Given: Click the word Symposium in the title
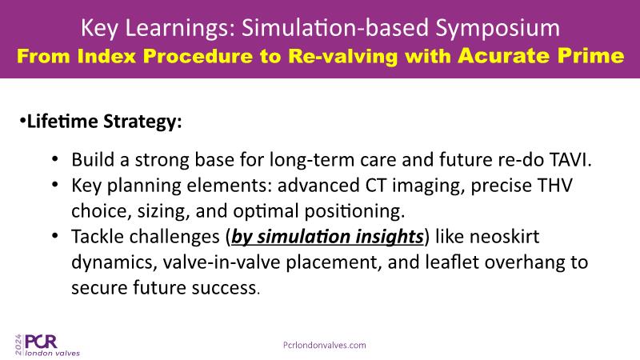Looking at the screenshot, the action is (x=497, y=29).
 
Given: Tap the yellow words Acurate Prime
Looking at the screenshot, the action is (x=541, y=56).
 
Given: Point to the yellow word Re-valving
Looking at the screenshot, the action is (x=343, y=56).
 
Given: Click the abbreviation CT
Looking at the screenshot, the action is (x=375, y=186).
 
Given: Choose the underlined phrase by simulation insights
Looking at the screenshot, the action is (x=327, y=237).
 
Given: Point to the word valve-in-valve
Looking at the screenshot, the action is (x=222, y=262).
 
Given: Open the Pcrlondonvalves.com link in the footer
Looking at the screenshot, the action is (x=325, y=346).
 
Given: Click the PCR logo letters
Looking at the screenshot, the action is (x=41, y=342).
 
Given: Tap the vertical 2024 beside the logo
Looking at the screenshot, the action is (x=18, y=345).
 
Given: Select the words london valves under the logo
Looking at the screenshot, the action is (x=52, y=353).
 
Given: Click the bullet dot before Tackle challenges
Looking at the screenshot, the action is (x=55, y=236).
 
